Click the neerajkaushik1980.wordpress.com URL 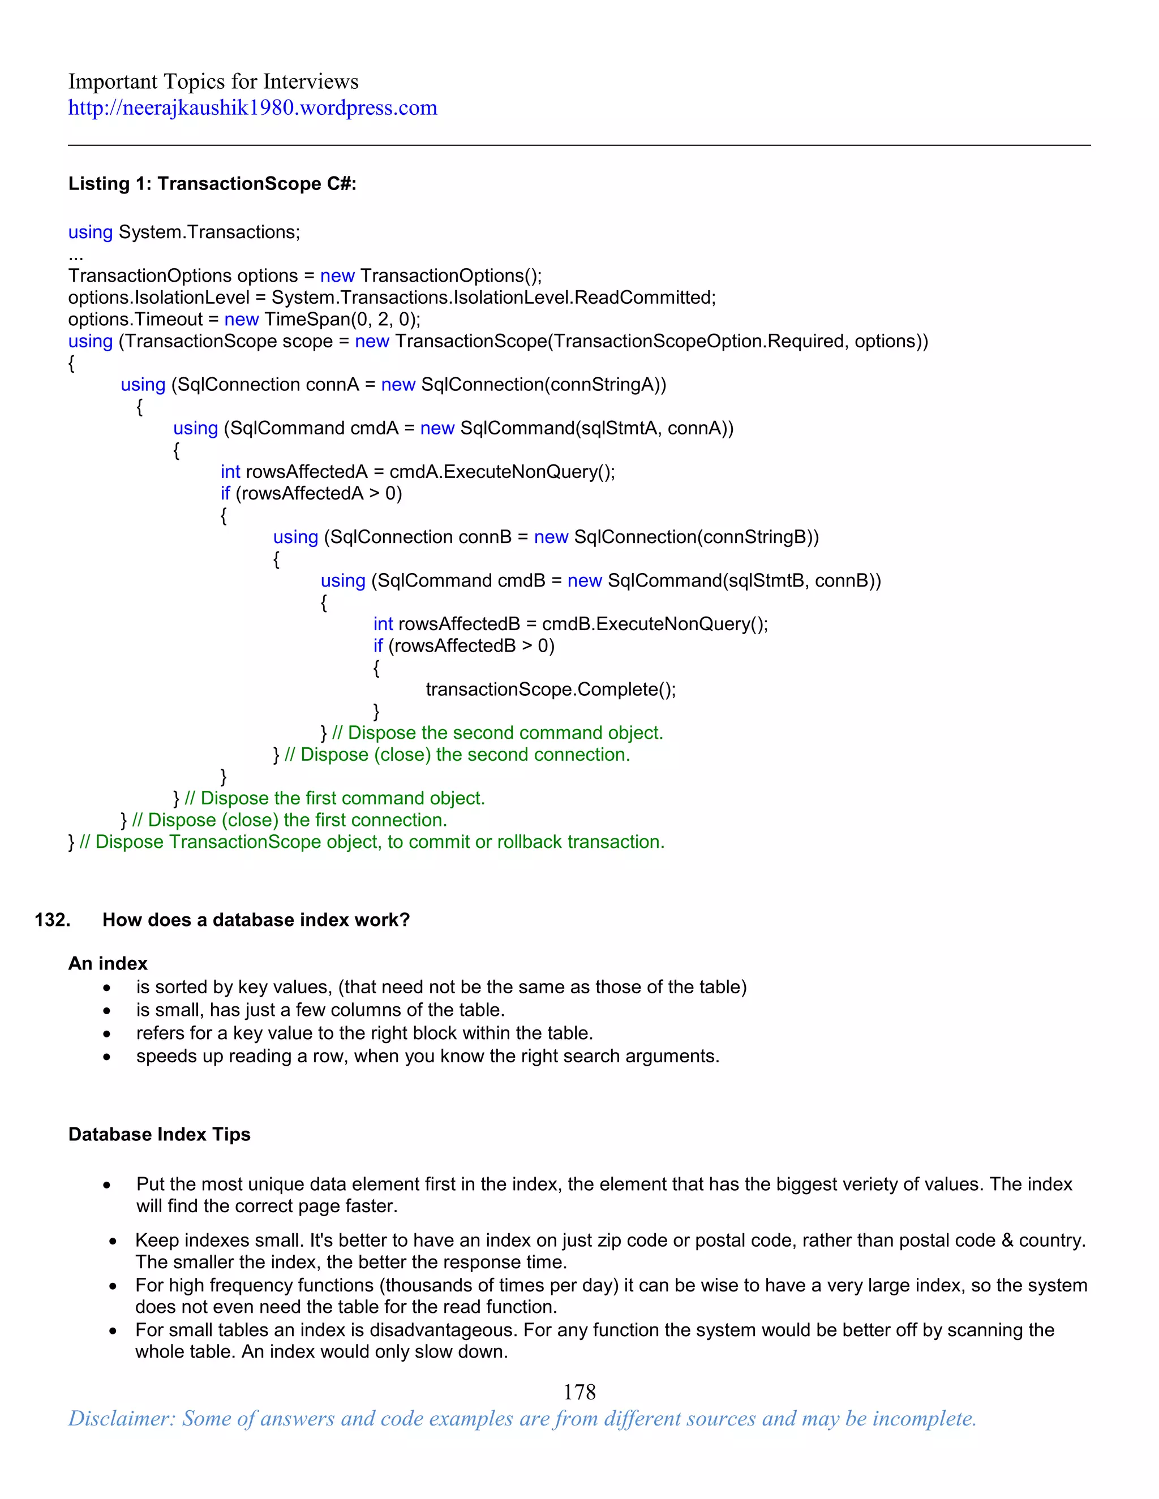[x=252, y=107]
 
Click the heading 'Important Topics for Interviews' [x=213, y=81]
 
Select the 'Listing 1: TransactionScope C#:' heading [x=212, y=184]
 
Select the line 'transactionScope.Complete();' [x=551, y=690]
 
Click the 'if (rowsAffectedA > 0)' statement [x=311, y=493]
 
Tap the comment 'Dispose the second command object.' [x=505, y=733]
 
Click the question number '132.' [x=53, y=920]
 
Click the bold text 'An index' [x=108, y=964]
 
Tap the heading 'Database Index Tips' [x=159, y=1135]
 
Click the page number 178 [x=579, y=1392]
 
